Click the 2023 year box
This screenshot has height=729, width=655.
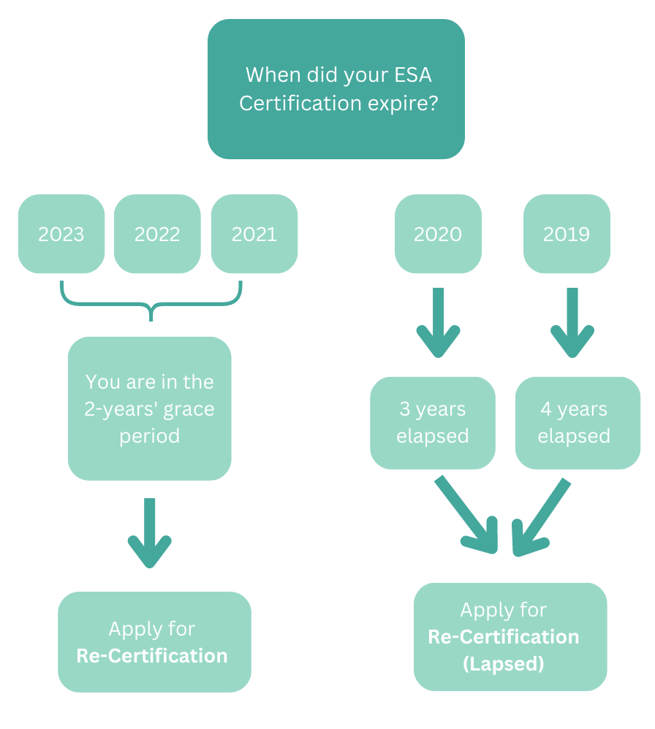click(x=61, y=234)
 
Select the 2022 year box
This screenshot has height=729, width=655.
click(x=157, y=234)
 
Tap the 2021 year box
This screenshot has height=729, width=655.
click(x=254, y=234)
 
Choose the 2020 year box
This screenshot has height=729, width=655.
click(x=438, y=234)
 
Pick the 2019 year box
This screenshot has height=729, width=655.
click(x=567, y=234)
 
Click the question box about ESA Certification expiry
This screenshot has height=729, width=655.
click(x=336, y=89)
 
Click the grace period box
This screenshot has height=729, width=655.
click(x=150, y=408)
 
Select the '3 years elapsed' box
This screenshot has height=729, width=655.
click(x=433, y=422)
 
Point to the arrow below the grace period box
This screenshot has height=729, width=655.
click(x=150, y=533)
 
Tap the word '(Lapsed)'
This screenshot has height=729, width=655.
click(x=504, y=664)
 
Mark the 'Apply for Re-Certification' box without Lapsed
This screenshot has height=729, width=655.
click(x=154, y=642)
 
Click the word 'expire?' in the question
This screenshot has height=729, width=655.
click(x=402, y=104)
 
